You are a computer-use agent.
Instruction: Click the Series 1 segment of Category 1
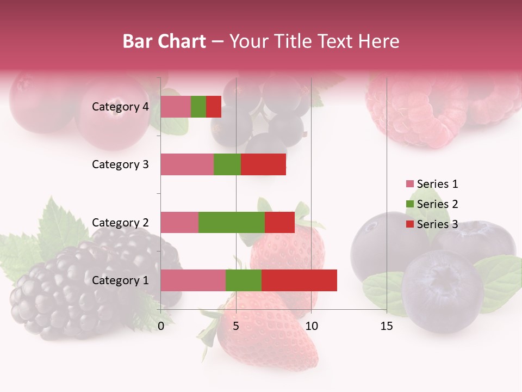pos(193,280)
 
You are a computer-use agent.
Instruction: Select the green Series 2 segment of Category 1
pos(244,280)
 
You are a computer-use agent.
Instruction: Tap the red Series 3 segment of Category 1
pos(299,280)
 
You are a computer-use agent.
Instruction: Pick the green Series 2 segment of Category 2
pos(232,222)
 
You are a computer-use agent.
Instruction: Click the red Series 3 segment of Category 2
pos(279,222)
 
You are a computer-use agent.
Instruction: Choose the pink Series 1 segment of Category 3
pos(187,164)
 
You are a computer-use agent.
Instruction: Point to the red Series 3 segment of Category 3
pos(263,164)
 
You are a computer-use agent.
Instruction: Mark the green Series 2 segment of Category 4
pos(198,107)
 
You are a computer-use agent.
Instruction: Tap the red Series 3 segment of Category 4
pos(214,107)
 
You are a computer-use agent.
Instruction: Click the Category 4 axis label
pos(120,107)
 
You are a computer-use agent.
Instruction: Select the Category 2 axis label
pos(120,222)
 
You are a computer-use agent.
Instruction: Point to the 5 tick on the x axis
pos(236,326)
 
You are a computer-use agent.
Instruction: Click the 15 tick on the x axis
pos(387,326)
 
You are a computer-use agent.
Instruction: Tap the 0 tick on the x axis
pos(161,326)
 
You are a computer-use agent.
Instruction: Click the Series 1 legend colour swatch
pos(409,184)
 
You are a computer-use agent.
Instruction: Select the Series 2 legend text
pos(437,204)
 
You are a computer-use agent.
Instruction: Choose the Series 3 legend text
pos(437,224)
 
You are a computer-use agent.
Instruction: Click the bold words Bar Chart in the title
pos(164,41)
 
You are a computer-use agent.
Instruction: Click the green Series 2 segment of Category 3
pos(227,164)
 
